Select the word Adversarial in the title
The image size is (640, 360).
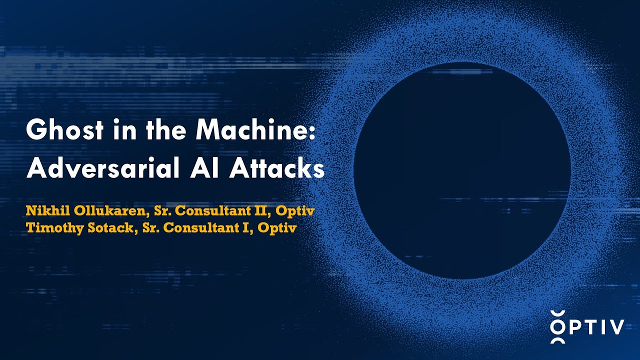(103, 169)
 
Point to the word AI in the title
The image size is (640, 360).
(205, 169)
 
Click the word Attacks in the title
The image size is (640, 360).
(277, 169)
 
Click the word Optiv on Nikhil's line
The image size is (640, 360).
(296, 211)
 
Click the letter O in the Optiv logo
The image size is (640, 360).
(557, 327)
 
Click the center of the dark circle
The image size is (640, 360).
(462, 170)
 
